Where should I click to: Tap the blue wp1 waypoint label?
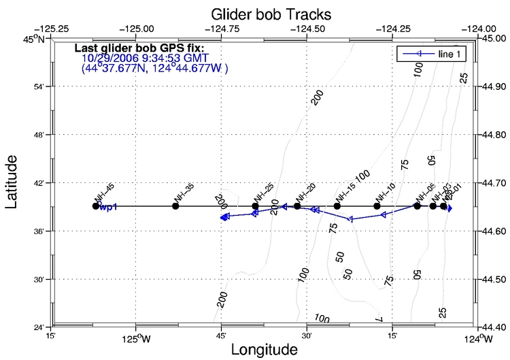point(109,207)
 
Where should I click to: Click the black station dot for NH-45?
point(96,206)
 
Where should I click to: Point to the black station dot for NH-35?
point(175,206)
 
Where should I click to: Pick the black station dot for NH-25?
point(255,206)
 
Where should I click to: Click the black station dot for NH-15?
point(337,206)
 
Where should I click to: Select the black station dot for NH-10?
point(377,206)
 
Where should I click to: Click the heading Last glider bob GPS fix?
point(139,49)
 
